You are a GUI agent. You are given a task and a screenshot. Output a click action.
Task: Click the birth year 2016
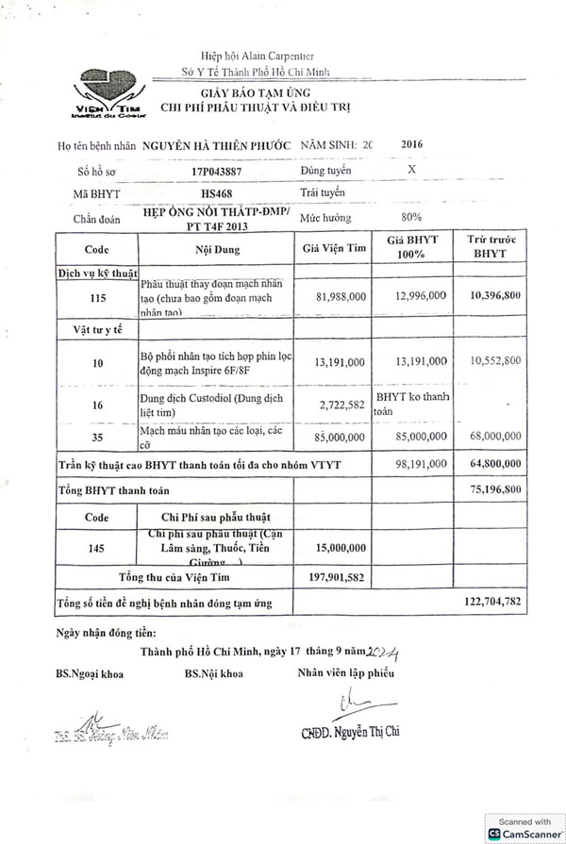pyautogui.click(x=412, y=145)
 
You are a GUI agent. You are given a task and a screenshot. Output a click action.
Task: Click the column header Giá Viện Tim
pyautogui.click(x=333, y=250)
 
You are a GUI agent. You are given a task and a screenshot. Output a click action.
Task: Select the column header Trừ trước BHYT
pyautogui.click(x=490, y=247)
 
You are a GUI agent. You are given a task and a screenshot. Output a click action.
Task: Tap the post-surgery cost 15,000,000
pyautogui.click(x=341, y=548)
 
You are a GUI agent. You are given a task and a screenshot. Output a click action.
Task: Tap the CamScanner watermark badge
pyautogui.click(x=524, y=828)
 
